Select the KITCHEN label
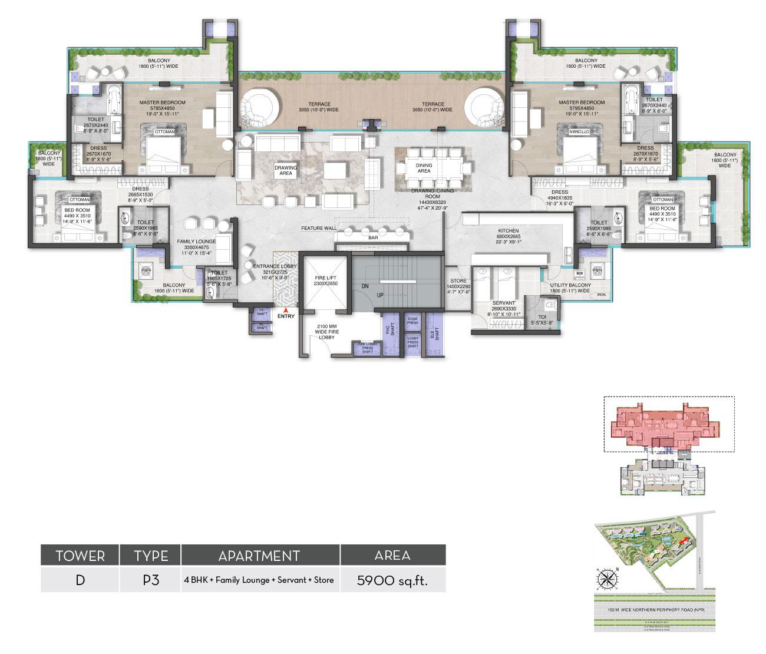coord(508,230)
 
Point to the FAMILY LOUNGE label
coord(197,242)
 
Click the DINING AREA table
coord(432,166)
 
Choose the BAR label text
coord(372,237)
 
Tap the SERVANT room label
coord(503,303)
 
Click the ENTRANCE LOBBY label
coord(275,266)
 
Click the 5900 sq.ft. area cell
coord(392,580)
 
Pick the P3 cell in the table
coord(151,580)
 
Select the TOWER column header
coord(80,556)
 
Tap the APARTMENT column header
coord(260,556)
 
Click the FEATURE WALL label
coord(319,228)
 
